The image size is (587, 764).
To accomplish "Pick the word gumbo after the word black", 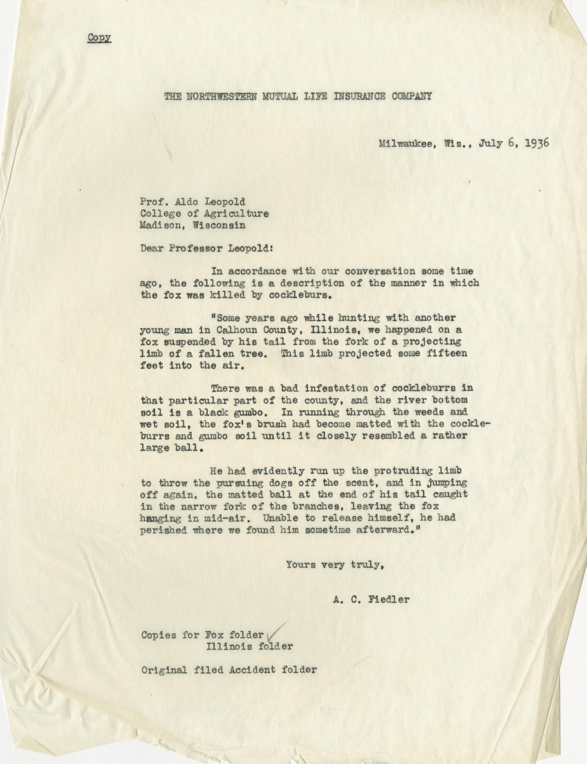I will click(x=248, y=412).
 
